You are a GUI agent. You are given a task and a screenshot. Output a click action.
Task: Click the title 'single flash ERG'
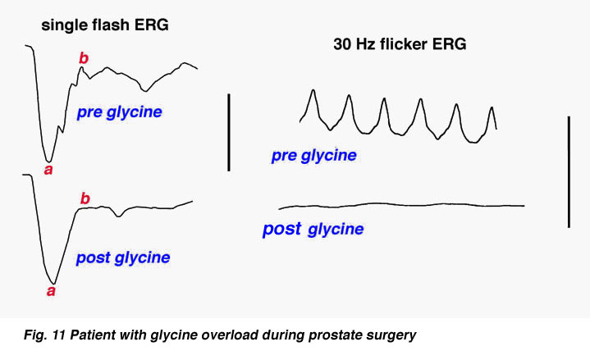tap(105, 25)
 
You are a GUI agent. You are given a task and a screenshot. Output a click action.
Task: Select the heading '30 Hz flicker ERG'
tap(400, 44)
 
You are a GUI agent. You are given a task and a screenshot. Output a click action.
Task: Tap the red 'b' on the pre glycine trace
tap(84, 58)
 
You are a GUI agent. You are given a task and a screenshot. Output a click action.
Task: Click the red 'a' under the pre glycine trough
tap(48, 170)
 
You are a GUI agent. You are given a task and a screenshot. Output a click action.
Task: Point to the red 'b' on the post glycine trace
tap(85, 198)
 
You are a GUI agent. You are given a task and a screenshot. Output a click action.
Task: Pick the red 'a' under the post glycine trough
tap(51, 291)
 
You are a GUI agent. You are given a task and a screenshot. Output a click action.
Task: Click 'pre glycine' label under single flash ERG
tap(119, 112)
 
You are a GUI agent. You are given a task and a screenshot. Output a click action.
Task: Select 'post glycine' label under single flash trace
tap(123, 258)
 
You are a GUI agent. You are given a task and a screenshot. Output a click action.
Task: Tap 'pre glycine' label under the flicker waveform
tap(313, 155)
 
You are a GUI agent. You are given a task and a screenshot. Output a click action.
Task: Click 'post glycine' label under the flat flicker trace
tap(313, 229)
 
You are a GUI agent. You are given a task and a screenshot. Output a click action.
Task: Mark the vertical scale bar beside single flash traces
tap(229, 132)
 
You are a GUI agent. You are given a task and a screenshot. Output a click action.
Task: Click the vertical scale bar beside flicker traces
tap(569, 172)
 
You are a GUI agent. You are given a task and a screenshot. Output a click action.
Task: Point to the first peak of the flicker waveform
tap(313, 90)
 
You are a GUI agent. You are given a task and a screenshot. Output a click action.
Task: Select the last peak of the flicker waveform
tap(492, 107)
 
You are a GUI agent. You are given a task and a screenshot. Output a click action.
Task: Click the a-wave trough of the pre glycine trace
tap(48, 162)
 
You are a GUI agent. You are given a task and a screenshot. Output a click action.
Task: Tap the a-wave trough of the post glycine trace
tap(54, 283)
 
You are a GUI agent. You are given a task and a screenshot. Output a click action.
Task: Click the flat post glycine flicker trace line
tap(401, 205)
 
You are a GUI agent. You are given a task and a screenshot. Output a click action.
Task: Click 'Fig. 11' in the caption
tap(45, 335)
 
